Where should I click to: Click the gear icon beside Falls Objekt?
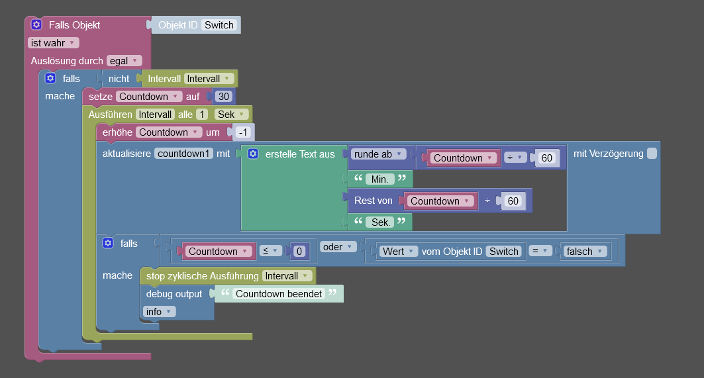tap(36, 24)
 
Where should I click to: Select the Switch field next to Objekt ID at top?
tap(219, 25)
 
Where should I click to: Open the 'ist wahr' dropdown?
tap(53, 42)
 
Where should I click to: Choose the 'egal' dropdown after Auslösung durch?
tap(124, 60)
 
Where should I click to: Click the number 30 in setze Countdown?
tap(224, 96)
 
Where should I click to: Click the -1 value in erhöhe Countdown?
tap(242, 132)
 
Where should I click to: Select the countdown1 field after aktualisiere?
tap(184, 154)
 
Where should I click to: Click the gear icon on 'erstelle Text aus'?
tap(252, 154)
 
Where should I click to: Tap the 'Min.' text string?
tap(380, 179)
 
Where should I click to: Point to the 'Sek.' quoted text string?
tap(381, 222)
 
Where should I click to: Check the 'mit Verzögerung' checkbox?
tap(652, 154)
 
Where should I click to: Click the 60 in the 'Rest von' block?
tap(513, 201)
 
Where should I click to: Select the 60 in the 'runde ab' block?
tap(546, 158)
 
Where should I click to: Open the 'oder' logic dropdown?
tap(338, 246)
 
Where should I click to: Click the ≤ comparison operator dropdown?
tap(270, 251)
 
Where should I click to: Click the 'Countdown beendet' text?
tap(279, 293)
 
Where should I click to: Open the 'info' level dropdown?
tap(159, 311)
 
